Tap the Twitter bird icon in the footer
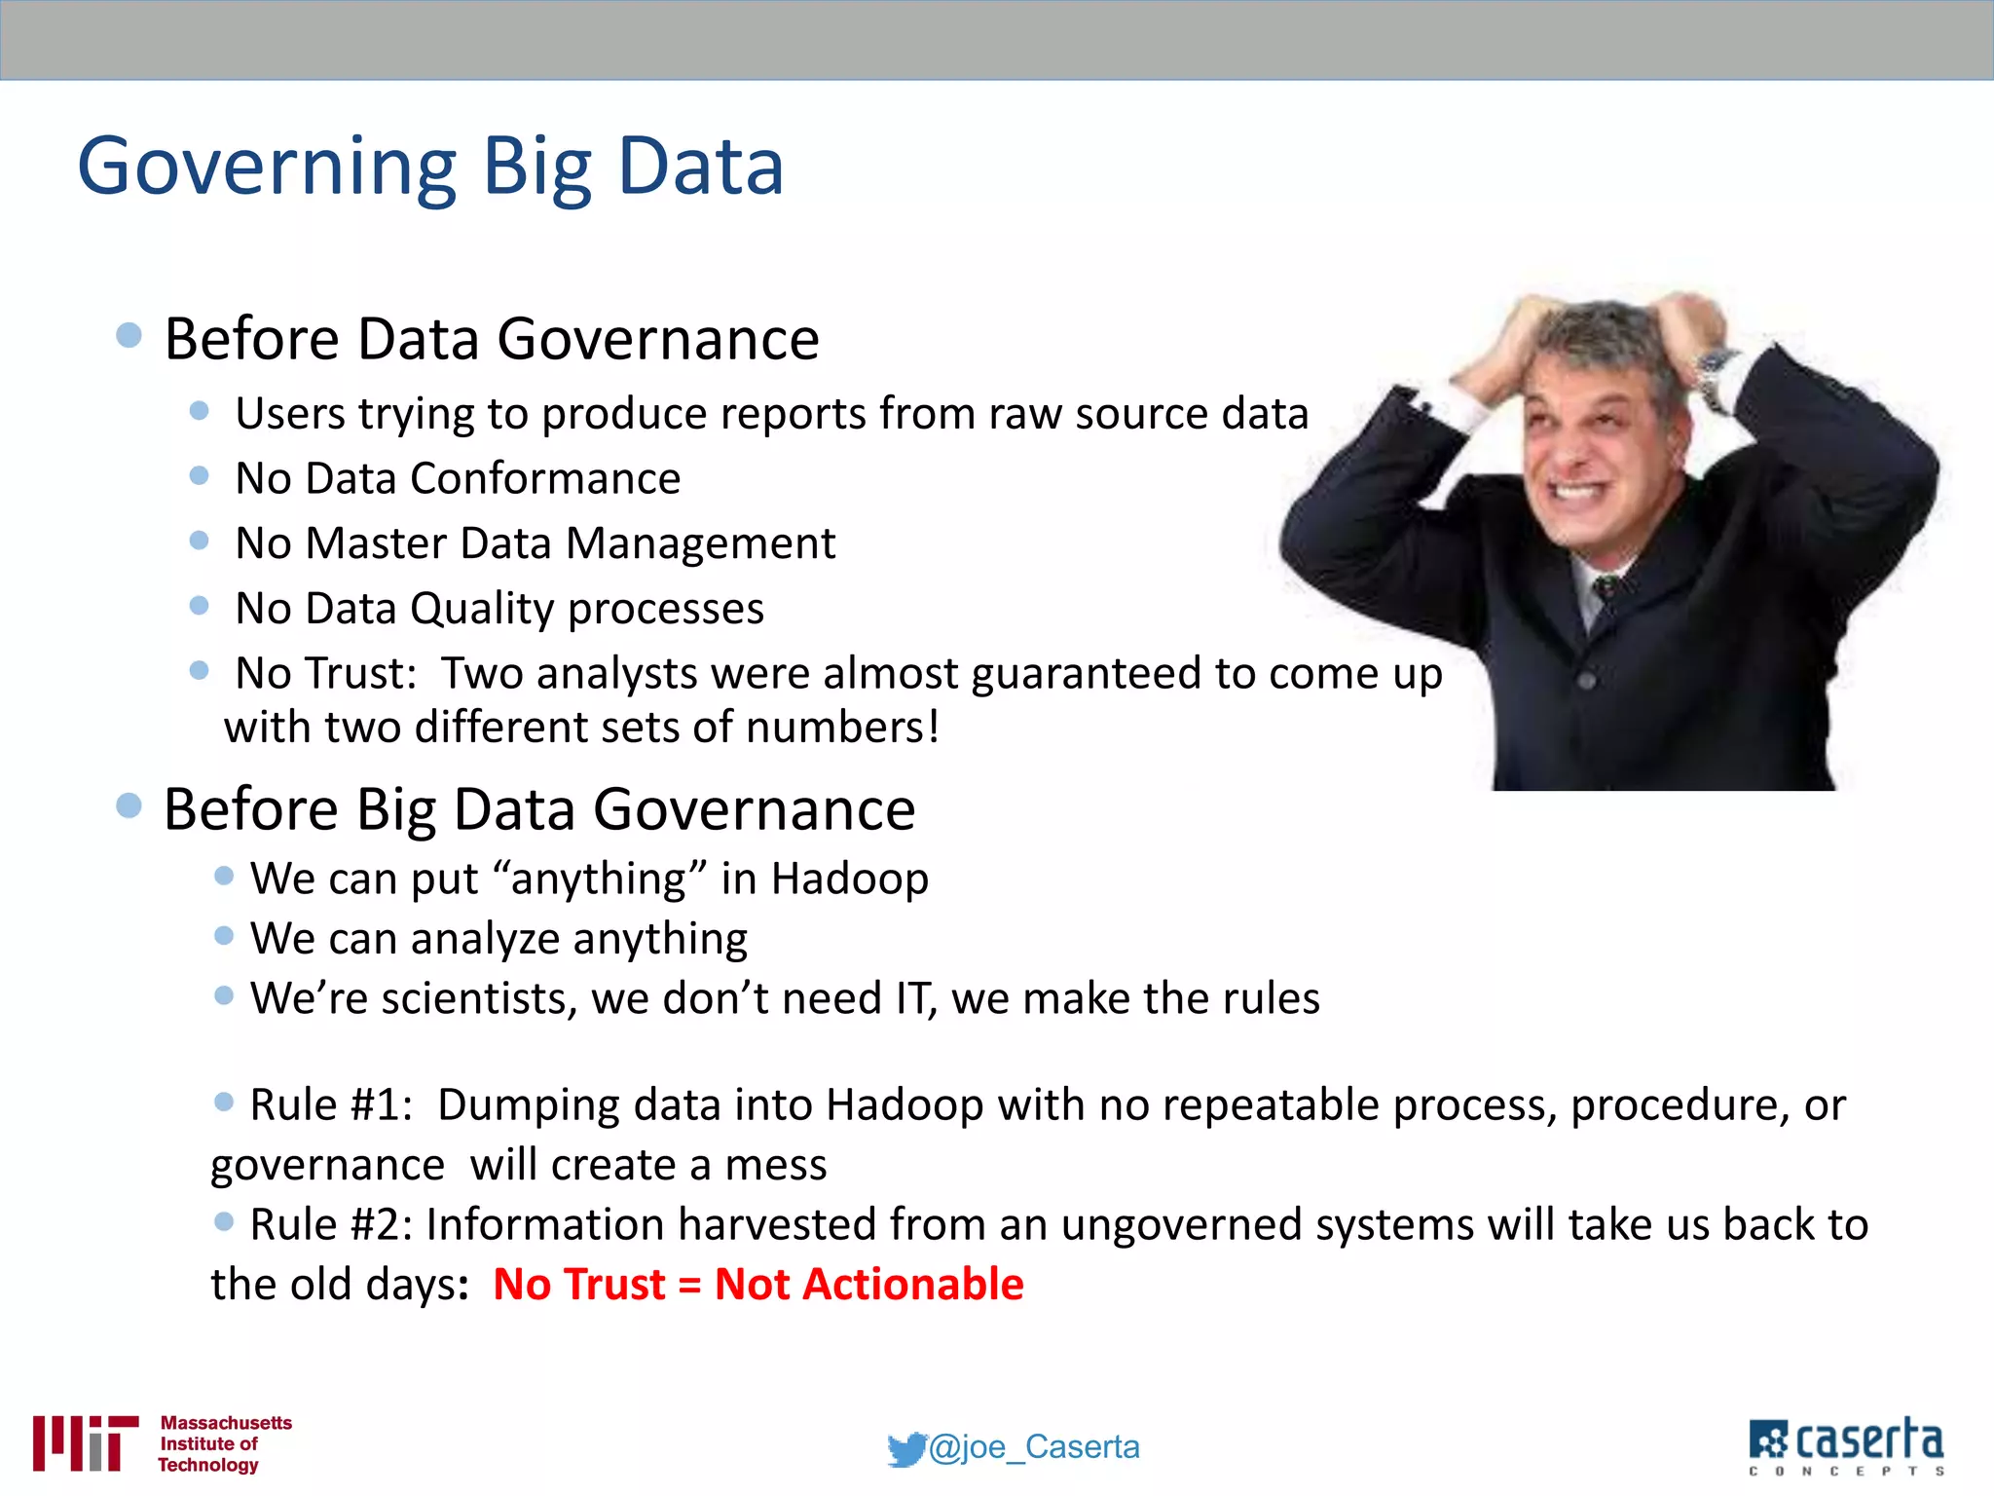pos(906,1448)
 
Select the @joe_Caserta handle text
pos(1034,1446)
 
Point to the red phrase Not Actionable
pos(868,1284)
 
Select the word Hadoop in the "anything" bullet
pos(849,879)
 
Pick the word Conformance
pos(545,478)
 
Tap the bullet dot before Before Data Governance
pos(129,336)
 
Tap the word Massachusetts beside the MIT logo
pos(226,1422)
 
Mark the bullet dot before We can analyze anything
pos(224,936)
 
